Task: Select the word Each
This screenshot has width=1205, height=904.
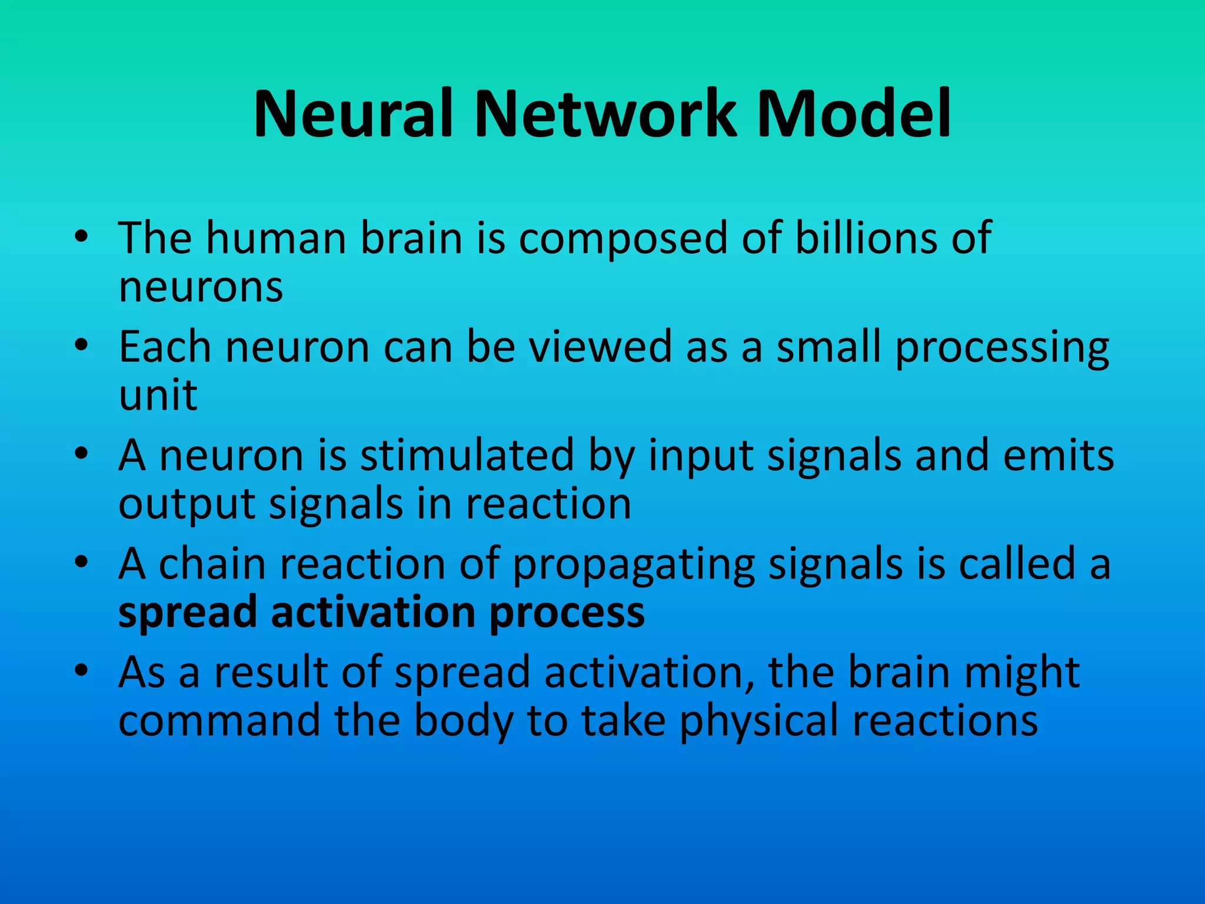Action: click(165, 347)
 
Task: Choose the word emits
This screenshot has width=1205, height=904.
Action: click(1058, 456)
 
